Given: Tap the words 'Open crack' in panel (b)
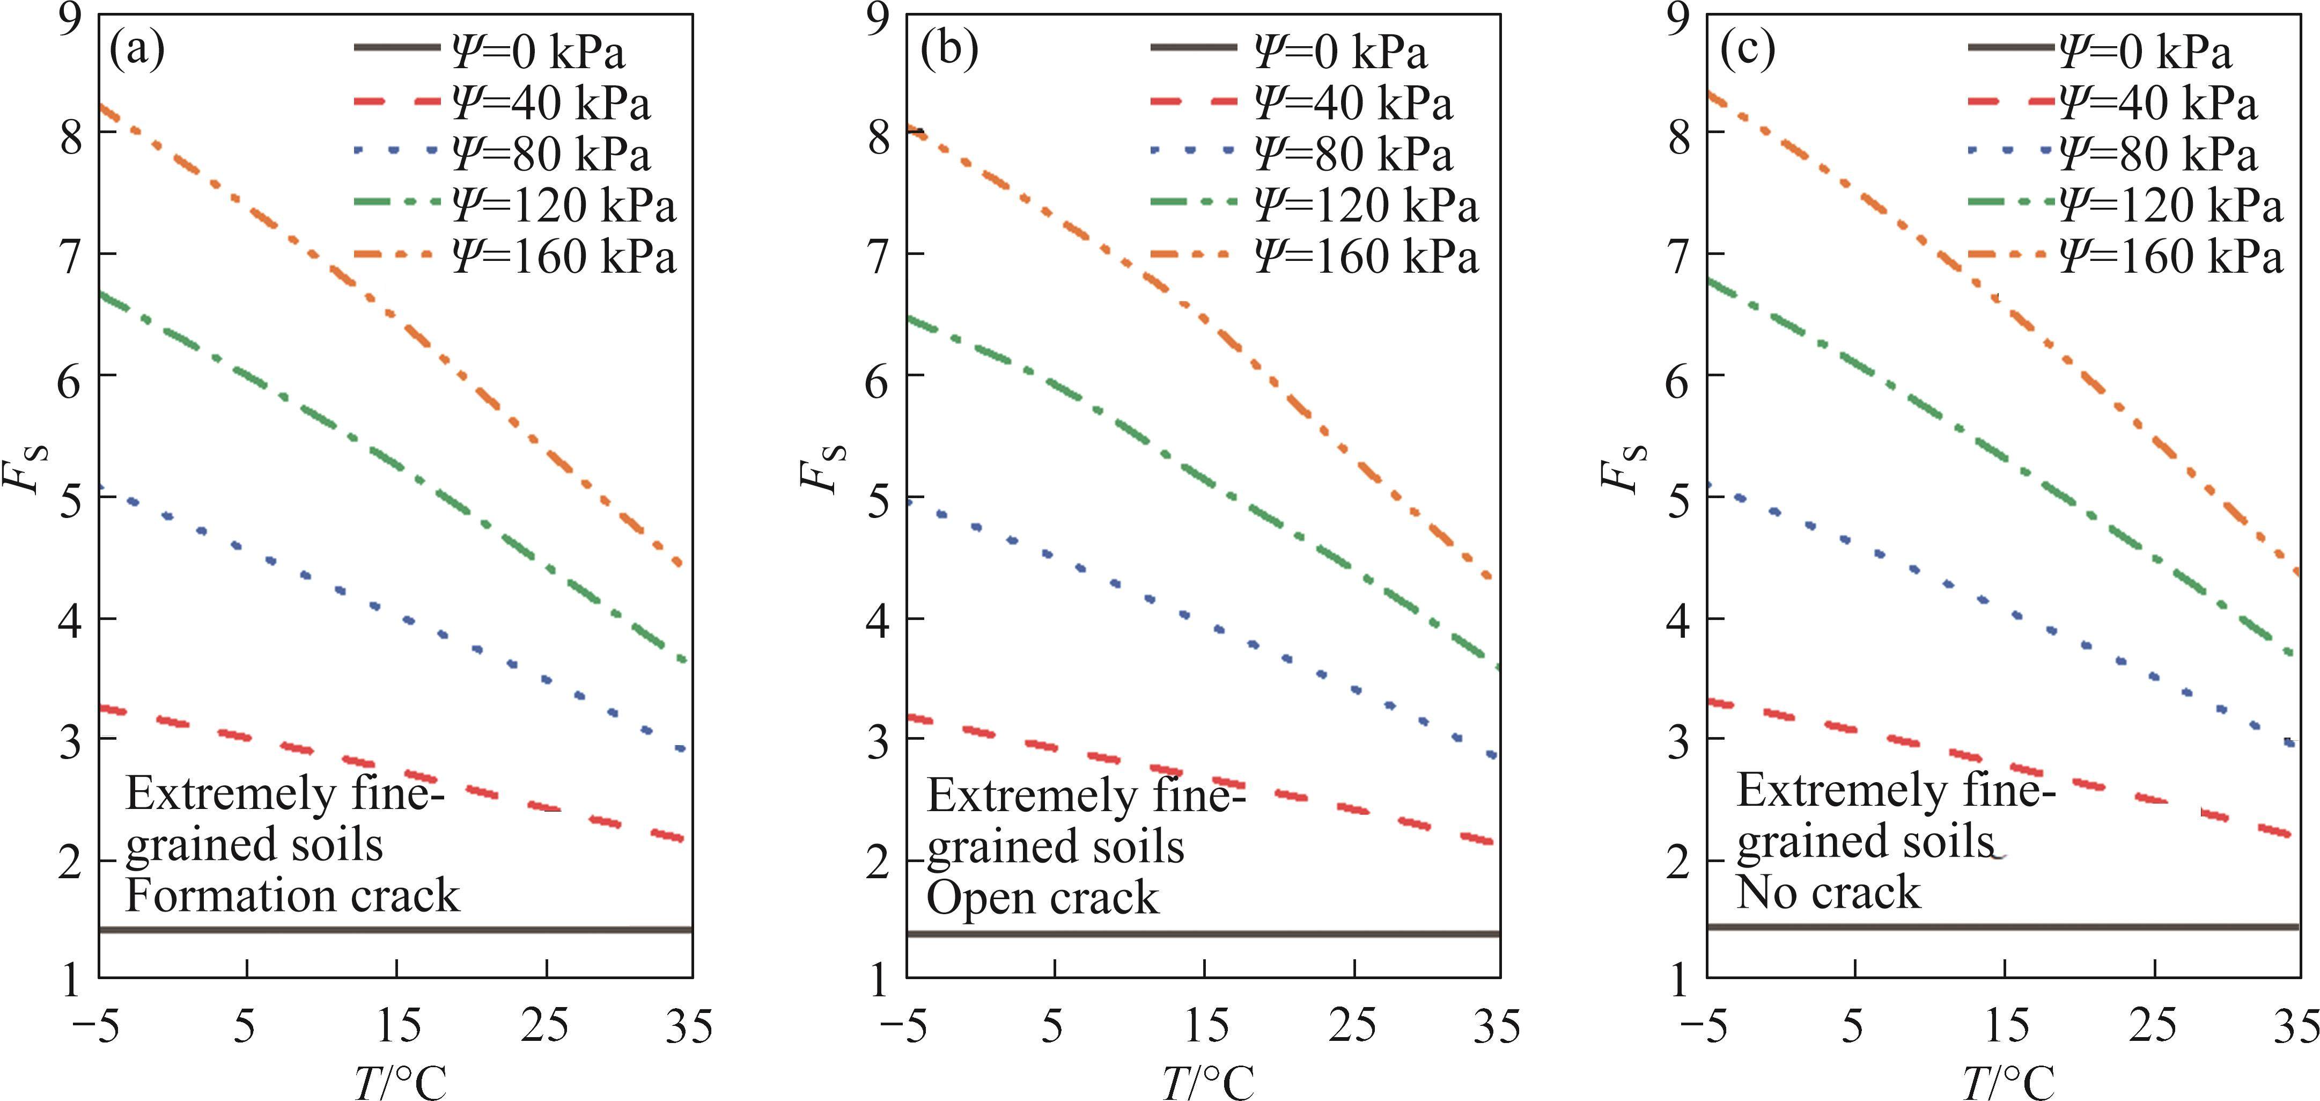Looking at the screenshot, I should coord(1043,898).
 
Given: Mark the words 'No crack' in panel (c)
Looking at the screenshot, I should coord(1828,893).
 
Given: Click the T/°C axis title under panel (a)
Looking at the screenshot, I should coord(400,1081).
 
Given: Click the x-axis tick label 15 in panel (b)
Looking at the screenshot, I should coord(1205,1026).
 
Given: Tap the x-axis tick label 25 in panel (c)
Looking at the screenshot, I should coord(2153,1026).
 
